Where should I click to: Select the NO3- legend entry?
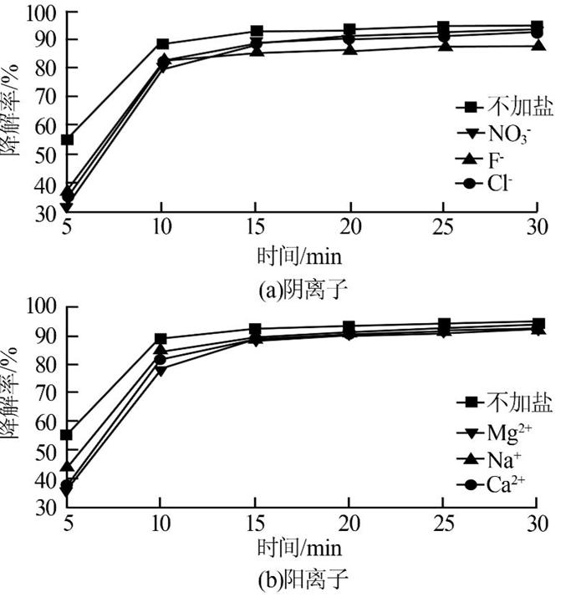(498, 133)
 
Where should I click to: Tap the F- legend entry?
(490, 158)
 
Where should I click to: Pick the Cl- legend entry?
(492, 183)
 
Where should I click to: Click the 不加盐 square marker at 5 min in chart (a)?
(68, 139)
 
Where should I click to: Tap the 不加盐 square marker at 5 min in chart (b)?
(68, 435)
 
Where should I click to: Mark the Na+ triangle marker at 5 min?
(68, 466)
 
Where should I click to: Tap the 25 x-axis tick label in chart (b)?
(443, 523)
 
